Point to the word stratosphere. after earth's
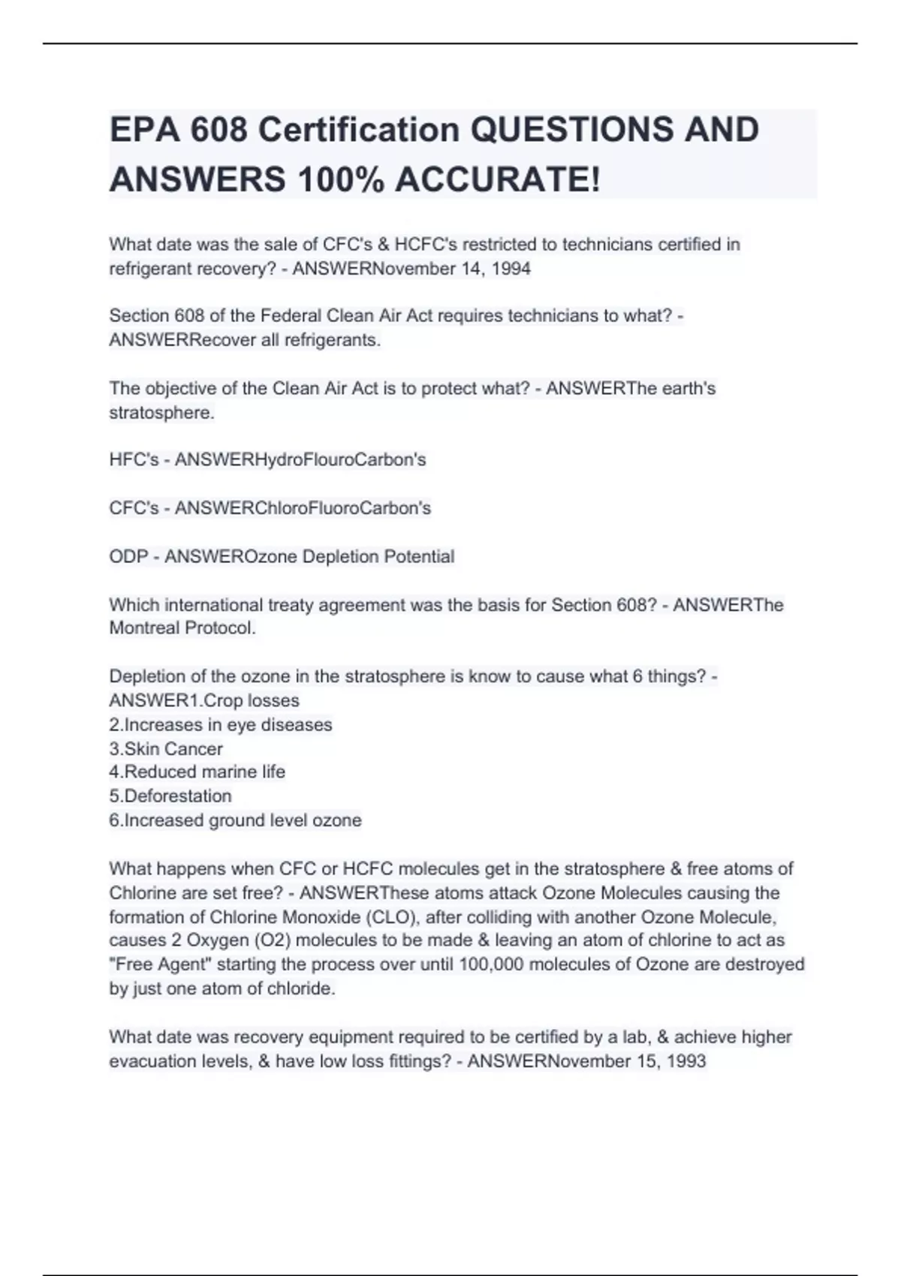[x=162, y=413]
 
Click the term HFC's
[x=134, y=459]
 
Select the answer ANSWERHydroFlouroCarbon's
[x=300, y=459]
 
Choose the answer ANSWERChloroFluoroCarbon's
[x=303, y=508]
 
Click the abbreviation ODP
[x=128, y=557]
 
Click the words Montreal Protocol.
[x=182, y=628]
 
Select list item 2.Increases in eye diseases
[x=221, y=725]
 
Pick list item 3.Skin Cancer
[x=166, y=749]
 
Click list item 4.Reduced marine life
[x=197, y=772]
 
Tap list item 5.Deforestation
[x=170, y=796]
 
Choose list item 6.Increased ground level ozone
[x=236, y=820]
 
